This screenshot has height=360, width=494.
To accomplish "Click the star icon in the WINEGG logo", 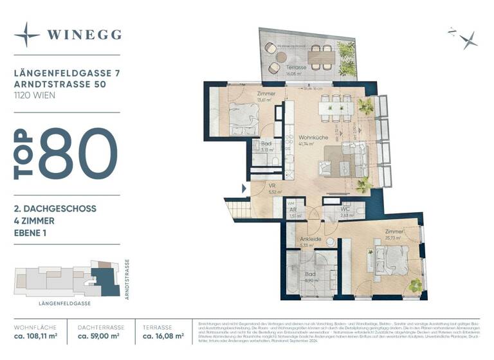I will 27,34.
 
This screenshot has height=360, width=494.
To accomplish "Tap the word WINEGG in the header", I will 84,35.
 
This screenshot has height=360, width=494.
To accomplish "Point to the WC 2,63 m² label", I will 346,212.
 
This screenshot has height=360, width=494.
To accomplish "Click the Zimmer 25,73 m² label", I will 394,235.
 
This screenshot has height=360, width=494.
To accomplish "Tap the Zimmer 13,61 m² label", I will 266,96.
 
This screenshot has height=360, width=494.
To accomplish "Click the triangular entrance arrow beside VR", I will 242,188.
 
